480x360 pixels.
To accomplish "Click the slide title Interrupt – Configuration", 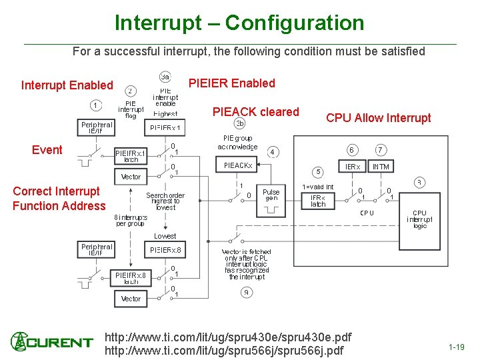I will pyautogui.click(x=239, y=23).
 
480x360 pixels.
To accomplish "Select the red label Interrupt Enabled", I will pyautogui.click(x=67, y=85).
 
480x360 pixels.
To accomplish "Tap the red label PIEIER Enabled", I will pyautogui.click(x=232, y=83).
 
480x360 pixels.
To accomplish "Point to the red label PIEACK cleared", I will pyautogui.click(x=255, y=112).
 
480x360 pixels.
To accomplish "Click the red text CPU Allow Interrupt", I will pyautogui.click(x=378, y=118).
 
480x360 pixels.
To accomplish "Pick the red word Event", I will pyautogui.click(x=47, y=150).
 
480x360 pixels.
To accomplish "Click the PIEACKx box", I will pyautogui.click(x=238, y=165).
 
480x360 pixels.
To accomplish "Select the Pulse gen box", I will pyautogui.click(x=271, y=195).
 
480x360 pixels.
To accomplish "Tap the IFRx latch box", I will pyautogui.click(x=318, y=201).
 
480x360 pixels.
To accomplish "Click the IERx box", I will pyautogui.click(x=352, y=166).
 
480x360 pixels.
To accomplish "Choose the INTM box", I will pyautogui.click(x=381, y=166).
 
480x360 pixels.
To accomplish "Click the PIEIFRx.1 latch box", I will pyautogui.click(x=131, y=155).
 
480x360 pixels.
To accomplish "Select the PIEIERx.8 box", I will pyautogui.click(x=165, y=250).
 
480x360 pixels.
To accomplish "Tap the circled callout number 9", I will pyautogui.click(x=246, y=292).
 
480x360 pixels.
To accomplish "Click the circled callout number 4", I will pyautogui.click(x=273, y=152).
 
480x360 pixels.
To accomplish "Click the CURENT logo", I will pyautogui.click(x=51, y=343).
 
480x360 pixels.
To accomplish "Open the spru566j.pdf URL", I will pyautogui.click(x=224, y=351).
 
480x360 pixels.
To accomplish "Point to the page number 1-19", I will pyautogui.click(x=457, y=347).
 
